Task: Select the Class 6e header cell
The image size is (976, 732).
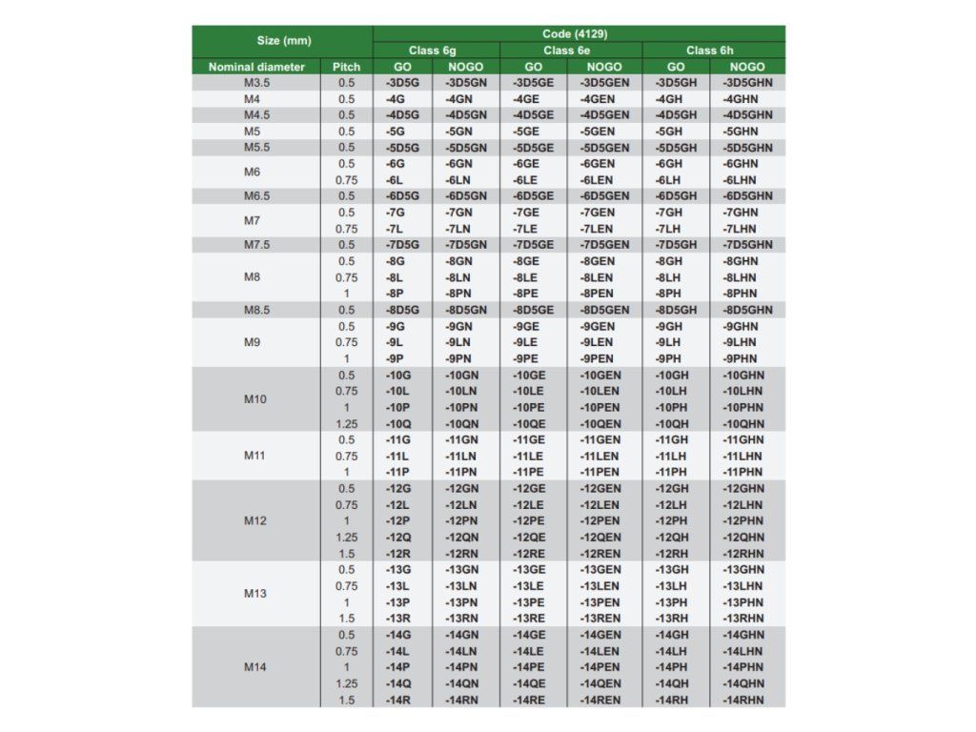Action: click(x=572, y=51)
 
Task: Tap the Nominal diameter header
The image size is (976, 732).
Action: click(x=256, y=67)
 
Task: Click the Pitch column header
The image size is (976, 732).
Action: click(x=346, y=67)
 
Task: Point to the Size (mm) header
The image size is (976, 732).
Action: click(x=282, y=41)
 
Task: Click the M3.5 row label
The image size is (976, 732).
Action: click(x=257, y=83)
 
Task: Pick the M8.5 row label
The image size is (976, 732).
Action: click(x=255, y=310)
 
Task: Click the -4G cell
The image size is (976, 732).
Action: click(x=396, y=99)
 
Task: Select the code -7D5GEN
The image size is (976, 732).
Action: click(x=604, y=245)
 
